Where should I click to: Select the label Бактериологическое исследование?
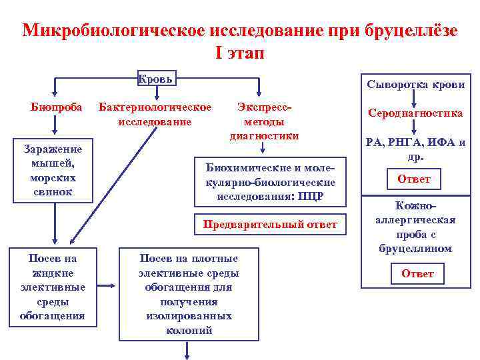(x=155, y=114)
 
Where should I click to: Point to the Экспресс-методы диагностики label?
(x=264, y=121)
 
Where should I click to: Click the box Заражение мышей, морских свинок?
(x=53, y=171)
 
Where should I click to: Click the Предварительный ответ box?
(x=270, y=224)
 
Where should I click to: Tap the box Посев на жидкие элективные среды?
(x=53, y=286)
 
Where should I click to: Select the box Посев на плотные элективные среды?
(x=189, y=293)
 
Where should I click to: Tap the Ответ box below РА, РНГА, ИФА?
(x=414, y=179)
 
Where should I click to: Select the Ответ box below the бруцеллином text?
(x=417, y=273)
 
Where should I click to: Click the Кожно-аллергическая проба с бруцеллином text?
(x=415, y=229)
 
